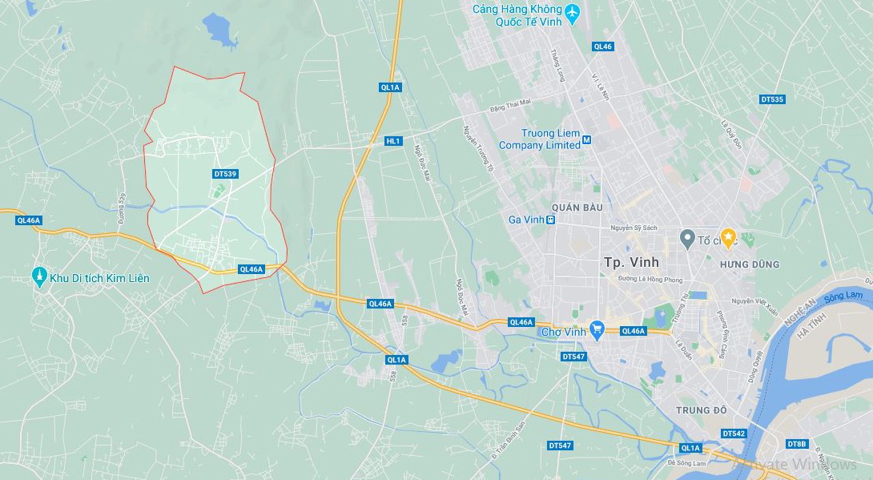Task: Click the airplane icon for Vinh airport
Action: [571, 14]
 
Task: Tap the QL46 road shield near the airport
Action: [602, 46]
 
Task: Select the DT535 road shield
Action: [772, 99]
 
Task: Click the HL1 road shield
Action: [392, 141]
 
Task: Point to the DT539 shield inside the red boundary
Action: [226, 174]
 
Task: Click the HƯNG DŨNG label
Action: [749, 264]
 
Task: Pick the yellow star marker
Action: [728, 237]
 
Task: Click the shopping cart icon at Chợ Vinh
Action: [597, 329]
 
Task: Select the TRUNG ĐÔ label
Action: [701, 410]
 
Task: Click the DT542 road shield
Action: [734, 434]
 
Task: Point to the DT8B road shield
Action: [797, 444]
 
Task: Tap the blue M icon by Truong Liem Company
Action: [586, 140]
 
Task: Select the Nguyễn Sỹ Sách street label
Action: [634, 228]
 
